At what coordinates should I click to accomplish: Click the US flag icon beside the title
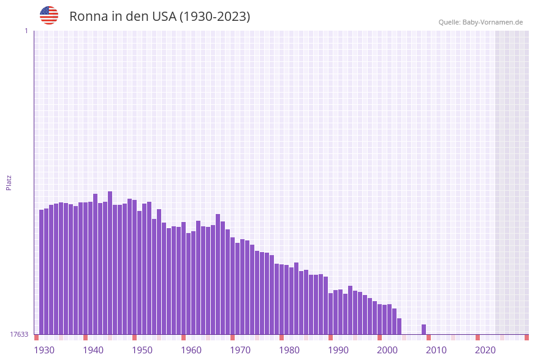point(49,15)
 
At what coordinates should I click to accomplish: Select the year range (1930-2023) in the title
point(214,17)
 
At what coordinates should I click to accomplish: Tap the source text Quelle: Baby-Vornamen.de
point(480,22)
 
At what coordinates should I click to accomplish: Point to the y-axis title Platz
point(9,182)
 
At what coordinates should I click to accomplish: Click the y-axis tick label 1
point(26,31)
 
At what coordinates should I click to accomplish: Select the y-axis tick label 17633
point(19,334)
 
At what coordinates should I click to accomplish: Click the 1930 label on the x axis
point(44,350)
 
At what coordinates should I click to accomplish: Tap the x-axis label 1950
point(142,350)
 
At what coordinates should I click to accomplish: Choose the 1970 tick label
point(240,350)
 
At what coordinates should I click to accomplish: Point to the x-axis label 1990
point(338,350)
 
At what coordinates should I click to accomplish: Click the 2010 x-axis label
point(436,350)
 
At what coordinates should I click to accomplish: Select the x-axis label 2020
point(485,350)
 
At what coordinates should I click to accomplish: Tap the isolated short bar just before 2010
point(424,329)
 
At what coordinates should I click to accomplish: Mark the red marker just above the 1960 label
point(184,337)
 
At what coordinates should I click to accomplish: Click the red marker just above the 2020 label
point(478,337)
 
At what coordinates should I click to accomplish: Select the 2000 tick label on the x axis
point(387,350)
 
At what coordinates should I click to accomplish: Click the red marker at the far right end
point(526,337)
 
